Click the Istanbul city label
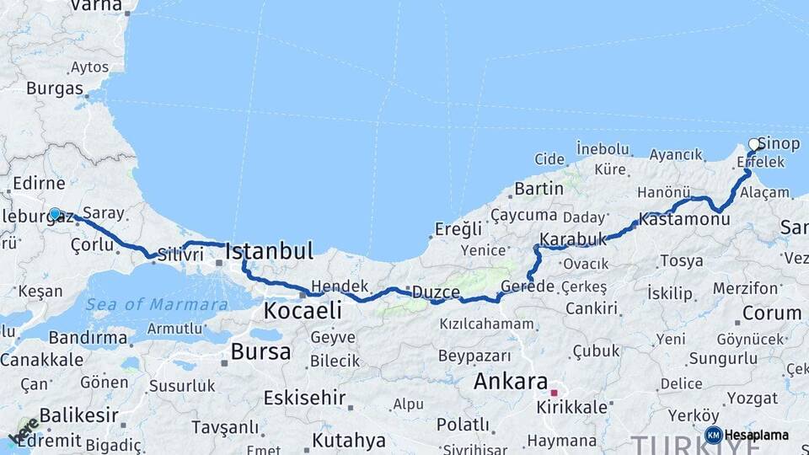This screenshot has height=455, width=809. (x=270, y=250)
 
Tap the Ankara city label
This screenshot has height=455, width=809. (x=511, y=381)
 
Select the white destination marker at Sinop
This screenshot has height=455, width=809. (x=754, y=144)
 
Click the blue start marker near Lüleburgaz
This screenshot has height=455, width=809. (x=55, y=214)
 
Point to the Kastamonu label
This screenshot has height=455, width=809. (x=683, y=219)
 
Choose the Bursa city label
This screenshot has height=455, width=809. (x=260, y=351)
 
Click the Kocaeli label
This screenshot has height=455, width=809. (x=303, y=311)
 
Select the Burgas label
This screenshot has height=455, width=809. (x=55, y=88)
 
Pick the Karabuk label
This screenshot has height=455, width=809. (x=573, y=239)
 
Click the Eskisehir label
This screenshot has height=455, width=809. (x=304, y=397)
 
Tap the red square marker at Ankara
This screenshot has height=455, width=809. (x=554, y=393)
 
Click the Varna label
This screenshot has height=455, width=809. (x=95, y=5)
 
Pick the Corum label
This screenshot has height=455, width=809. (x=772, y=313)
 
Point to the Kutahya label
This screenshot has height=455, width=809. (x=349, y=440)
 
